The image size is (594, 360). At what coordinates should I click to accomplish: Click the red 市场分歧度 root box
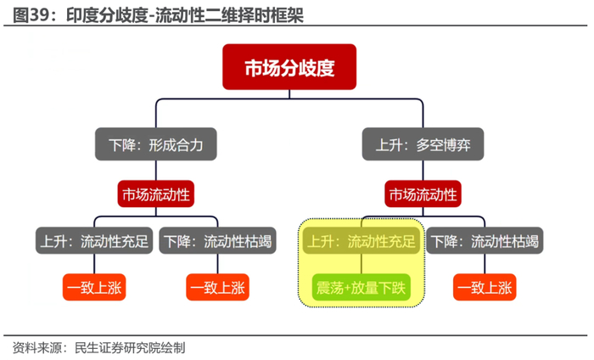289,67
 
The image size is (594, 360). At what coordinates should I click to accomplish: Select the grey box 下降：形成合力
155,144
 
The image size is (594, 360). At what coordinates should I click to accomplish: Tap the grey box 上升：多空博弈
423,144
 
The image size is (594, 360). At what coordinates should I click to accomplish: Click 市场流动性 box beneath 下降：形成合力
155,194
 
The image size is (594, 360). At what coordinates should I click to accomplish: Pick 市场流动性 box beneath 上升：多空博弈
423,194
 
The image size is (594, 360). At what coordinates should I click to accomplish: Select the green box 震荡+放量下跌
361,287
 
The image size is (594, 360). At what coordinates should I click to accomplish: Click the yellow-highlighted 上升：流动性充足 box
361,240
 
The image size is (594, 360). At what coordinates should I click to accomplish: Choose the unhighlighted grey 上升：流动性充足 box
94,240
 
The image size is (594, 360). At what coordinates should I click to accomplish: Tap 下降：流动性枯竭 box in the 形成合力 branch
217,240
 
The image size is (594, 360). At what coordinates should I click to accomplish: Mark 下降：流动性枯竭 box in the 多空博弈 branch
485,240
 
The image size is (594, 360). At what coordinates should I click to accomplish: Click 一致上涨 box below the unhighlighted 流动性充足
94,287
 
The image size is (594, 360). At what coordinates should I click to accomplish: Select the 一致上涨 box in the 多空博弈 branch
485,287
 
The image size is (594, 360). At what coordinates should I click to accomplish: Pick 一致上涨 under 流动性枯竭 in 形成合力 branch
217,287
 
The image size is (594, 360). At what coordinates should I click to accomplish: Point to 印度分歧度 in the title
106,15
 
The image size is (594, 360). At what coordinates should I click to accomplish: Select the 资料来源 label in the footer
37,347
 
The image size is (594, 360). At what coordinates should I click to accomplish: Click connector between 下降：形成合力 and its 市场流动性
155,171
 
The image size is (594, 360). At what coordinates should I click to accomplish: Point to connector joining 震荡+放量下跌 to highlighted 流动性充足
361,264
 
